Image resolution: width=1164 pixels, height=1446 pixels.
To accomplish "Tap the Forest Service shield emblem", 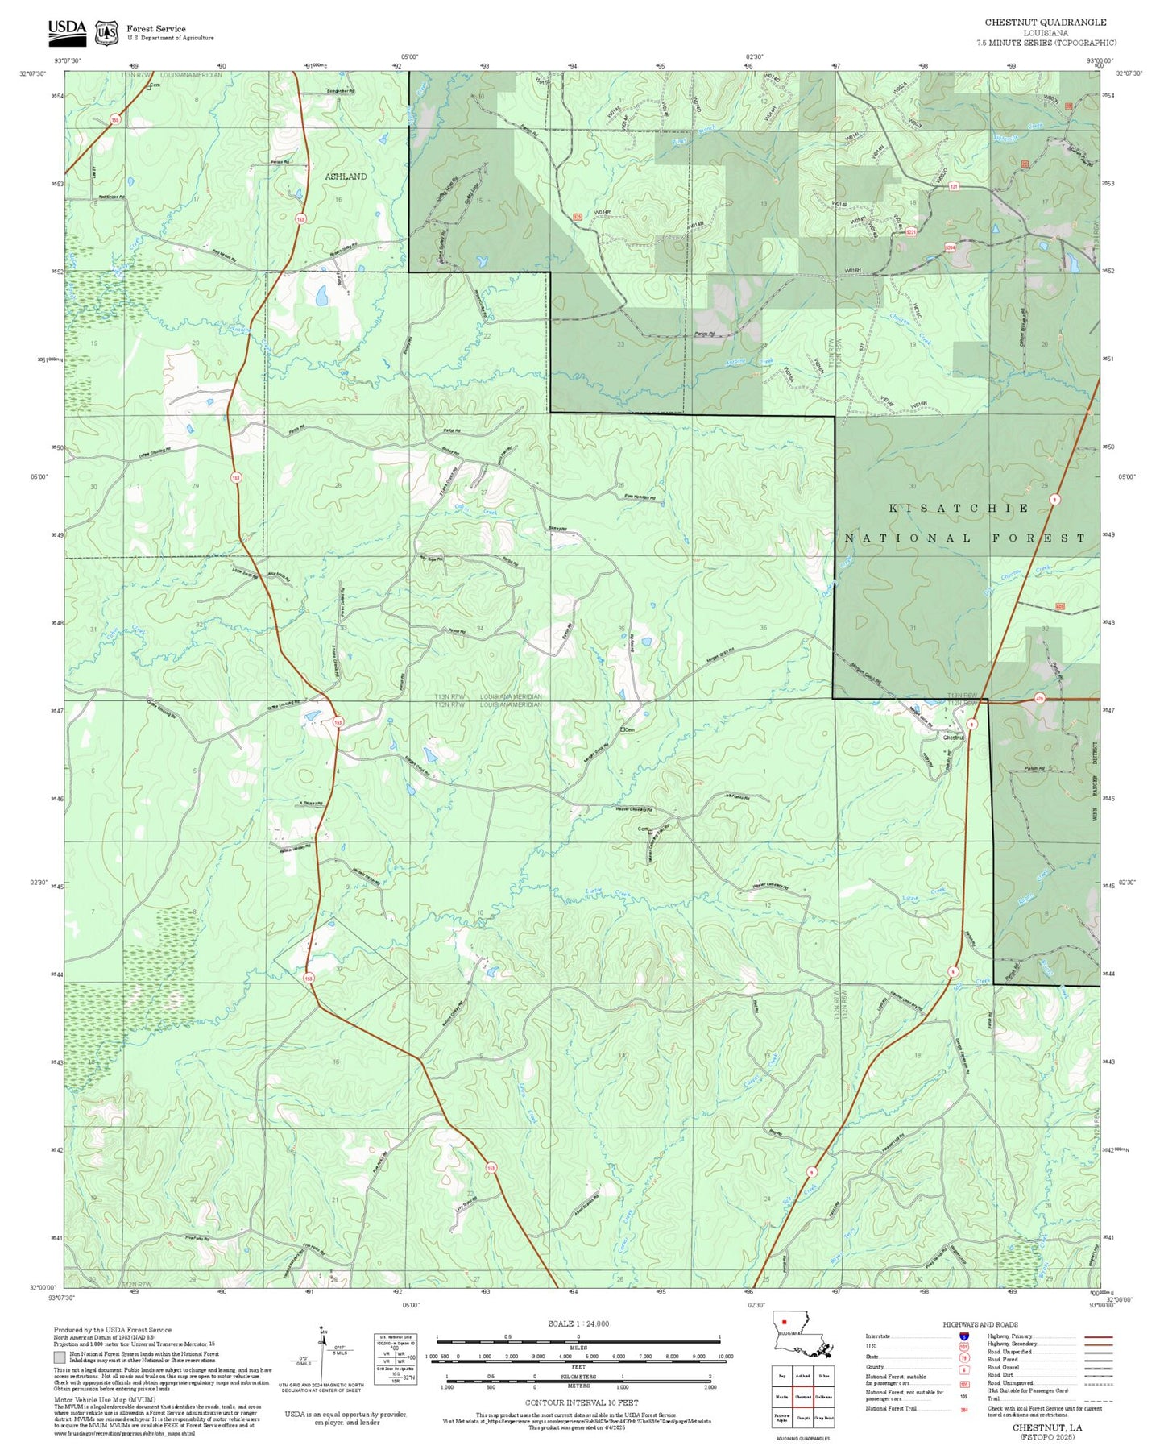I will click(x=106, y=32).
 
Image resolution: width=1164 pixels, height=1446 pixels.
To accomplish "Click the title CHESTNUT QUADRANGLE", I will click(x=1045, y=23).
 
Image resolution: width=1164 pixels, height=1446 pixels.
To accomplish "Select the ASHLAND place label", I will click(x=346, y=177).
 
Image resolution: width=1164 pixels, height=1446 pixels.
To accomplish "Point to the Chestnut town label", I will click(x=953, y=738).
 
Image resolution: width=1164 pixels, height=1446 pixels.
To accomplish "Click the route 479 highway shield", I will click(x=1039, y=699).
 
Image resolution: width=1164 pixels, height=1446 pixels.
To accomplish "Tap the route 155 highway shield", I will click(x=115, y=119).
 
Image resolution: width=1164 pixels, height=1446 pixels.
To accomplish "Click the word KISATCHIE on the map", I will click(x=959, y=509).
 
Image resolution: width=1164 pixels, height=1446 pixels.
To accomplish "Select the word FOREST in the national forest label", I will click(x=1038, y=538).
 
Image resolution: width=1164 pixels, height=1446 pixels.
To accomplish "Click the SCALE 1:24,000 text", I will click(x=578, y=1323).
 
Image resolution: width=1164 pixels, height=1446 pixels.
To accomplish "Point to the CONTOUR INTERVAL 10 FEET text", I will click(x=581, y=1402).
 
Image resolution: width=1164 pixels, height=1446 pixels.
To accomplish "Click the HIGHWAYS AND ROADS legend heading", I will click(x=980, y=1324).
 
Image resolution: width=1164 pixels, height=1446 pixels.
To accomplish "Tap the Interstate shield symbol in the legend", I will click(x=963, y=1336).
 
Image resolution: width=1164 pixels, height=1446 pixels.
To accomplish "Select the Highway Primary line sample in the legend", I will click(x=1098, y=1336).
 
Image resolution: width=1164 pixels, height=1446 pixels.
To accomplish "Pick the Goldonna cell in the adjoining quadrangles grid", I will click(x=823, y=1396).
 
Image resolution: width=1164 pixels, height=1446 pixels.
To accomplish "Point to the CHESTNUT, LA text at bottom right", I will click(x=1047, y=1427).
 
